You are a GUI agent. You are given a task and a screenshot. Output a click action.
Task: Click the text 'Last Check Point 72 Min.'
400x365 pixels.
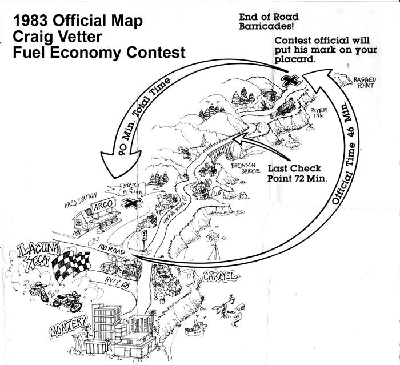click(303, 173)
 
